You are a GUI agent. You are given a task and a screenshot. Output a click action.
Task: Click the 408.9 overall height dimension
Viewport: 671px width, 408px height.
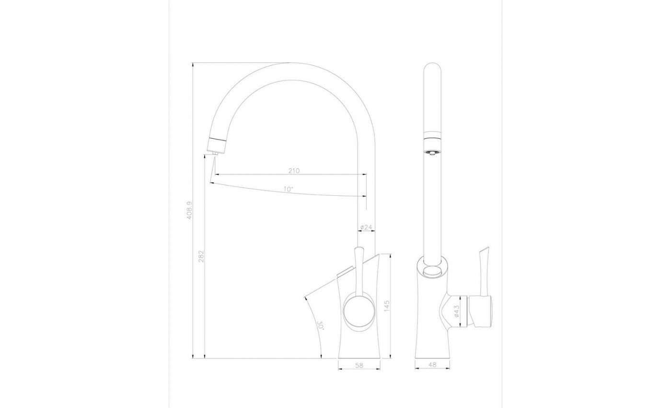(x=189, y=214)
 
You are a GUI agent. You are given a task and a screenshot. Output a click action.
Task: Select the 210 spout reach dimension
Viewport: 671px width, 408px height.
(x=294, y=171)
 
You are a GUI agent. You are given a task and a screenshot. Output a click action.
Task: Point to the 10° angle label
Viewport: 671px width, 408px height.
(x=289, y=189)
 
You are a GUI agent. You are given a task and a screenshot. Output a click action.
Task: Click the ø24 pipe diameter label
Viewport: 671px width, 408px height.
(x=366, y=227)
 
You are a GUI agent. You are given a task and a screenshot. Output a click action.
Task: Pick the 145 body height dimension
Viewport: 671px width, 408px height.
(x=386, y=306)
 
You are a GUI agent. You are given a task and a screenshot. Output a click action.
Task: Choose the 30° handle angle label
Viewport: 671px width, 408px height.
(x=320, y=325)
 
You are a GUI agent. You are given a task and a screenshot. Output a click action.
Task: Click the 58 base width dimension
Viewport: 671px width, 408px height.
(x=359, y=365)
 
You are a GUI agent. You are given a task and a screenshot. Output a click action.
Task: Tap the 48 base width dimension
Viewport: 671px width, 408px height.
(x=432, y=364)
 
